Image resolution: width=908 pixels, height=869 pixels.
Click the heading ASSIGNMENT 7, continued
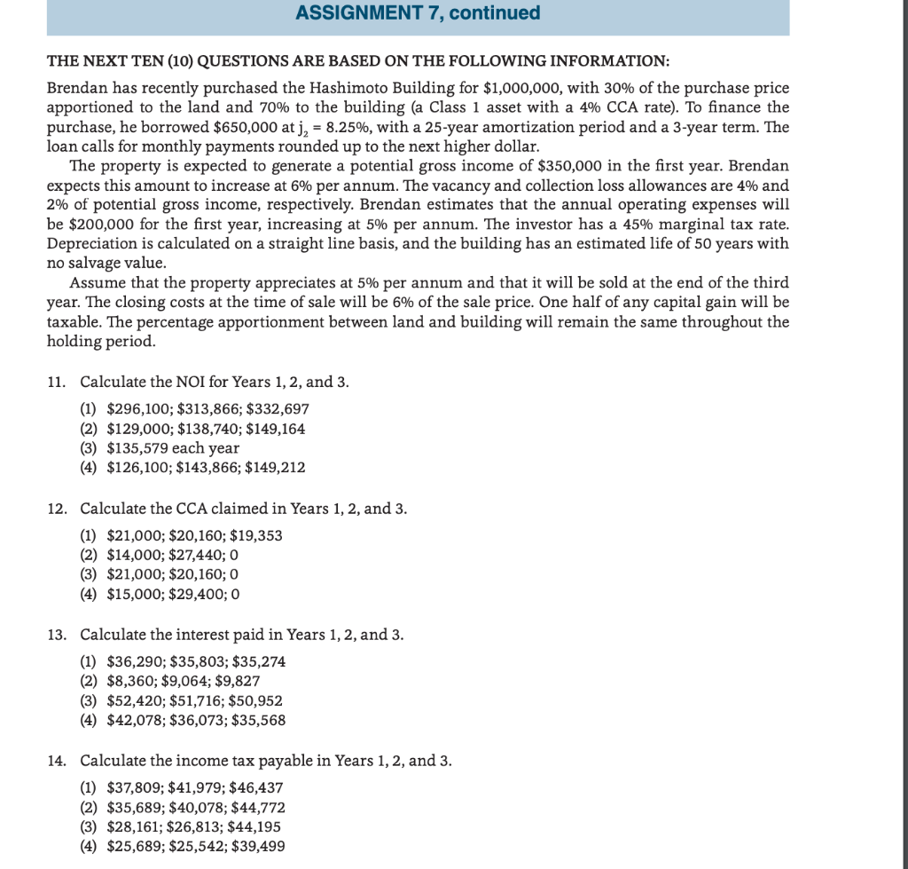[x=417, y=13]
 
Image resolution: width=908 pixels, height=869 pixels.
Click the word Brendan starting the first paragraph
[x=75, y=90]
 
